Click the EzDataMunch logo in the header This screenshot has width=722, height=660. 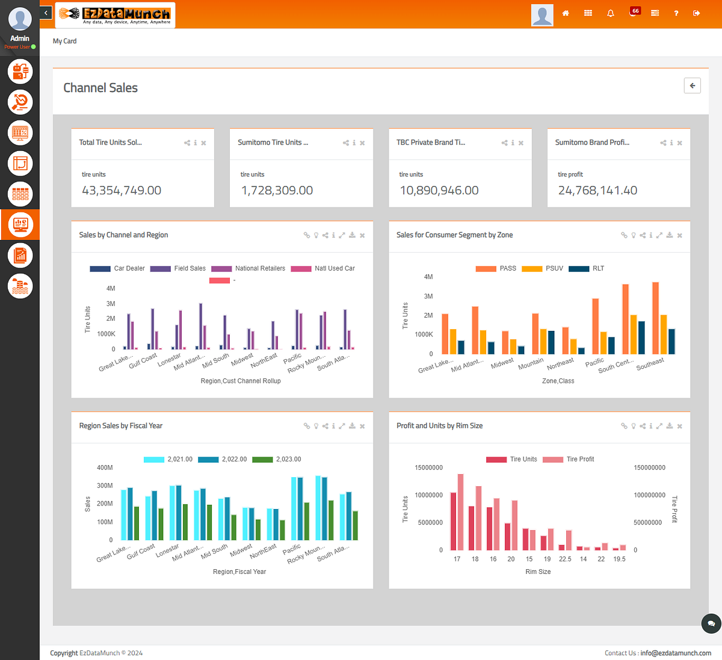coord(115,14)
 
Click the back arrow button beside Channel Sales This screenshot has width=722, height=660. coord(692,86)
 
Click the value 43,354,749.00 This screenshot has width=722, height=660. coord(122,191)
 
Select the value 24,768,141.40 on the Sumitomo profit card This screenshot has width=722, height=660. coord(597,191)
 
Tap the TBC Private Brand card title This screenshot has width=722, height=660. coord(430,143)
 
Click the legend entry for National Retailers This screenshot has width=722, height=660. coord(259,268)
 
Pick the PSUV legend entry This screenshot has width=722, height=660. coord(554,268)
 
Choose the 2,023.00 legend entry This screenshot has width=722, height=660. coord(288,459)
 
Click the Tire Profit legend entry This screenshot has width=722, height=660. coord(579,459)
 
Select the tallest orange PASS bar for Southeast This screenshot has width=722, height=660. coord(655,318)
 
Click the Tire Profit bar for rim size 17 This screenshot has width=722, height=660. coord(461,512)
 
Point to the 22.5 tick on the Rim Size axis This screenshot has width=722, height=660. coord(565,559)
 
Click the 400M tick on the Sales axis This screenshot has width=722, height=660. coord(105,467)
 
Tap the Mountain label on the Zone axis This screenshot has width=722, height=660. coord(531,364)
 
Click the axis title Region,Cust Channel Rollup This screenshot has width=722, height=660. coord(241,381)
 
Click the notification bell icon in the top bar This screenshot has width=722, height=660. coord(611,13)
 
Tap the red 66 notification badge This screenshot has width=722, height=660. coord(635,11)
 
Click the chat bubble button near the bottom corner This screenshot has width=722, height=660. coord(711,623)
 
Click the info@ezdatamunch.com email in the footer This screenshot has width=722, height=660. coord(675,653)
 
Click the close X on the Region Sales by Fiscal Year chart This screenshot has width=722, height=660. coord(362,426)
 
